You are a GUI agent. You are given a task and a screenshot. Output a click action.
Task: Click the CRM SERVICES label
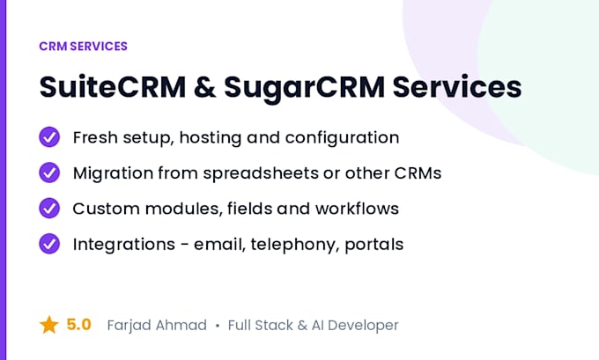(x=84, y=46)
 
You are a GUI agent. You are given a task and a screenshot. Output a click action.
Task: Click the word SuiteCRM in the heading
(x=113, y=87)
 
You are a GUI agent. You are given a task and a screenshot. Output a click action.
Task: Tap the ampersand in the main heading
(x=204, y=87)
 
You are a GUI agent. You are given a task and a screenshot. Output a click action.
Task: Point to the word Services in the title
(x=457, y=87)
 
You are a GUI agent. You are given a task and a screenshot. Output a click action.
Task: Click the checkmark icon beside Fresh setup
(x=49, y=137)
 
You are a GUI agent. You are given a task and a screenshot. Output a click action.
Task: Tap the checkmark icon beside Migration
(x=49, y=173)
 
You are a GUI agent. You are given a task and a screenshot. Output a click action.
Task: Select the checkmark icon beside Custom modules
(x=49, y=208)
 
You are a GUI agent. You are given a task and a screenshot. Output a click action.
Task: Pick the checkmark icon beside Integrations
(x=49, y=244)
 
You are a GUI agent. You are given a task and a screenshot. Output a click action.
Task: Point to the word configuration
(x=343, y=138)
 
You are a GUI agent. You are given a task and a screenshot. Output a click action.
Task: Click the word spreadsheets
(x=261, y=173)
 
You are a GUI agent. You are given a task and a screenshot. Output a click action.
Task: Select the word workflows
(x=357, y=209)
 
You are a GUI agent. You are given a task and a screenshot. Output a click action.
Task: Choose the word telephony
(x=295, y=245)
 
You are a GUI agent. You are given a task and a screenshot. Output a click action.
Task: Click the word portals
(x=374, y=245)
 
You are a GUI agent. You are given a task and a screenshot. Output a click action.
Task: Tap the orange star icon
(x=49, y=325)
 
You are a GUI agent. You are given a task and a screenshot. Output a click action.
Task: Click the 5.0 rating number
(x=78, y=325)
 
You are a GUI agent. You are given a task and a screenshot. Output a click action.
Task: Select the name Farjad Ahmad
(x=157, y=326)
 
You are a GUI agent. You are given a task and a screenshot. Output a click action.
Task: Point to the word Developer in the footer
(x=363, y=326)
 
